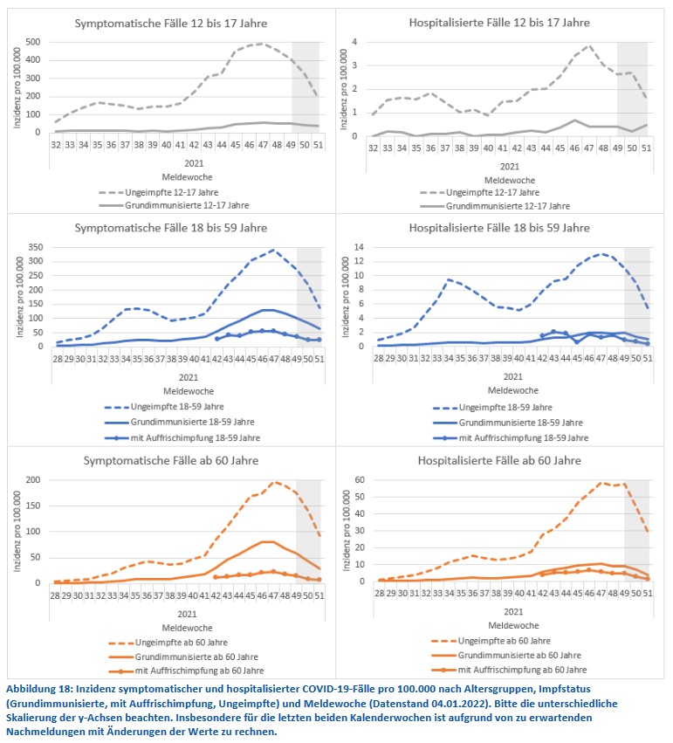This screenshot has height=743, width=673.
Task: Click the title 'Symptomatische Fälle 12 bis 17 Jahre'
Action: tap(172, 24)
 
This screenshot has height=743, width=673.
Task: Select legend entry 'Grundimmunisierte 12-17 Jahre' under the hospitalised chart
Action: tap(507, 206)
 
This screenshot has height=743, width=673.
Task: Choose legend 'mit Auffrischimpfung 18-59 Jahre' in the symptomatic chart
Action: tap(185, 437)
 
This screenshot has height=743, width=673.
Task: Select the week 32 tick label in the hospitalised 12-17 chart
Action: tap(373, 148)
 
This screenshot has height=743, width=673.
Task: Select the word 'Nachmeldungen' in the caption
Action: tap(45, 731)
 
